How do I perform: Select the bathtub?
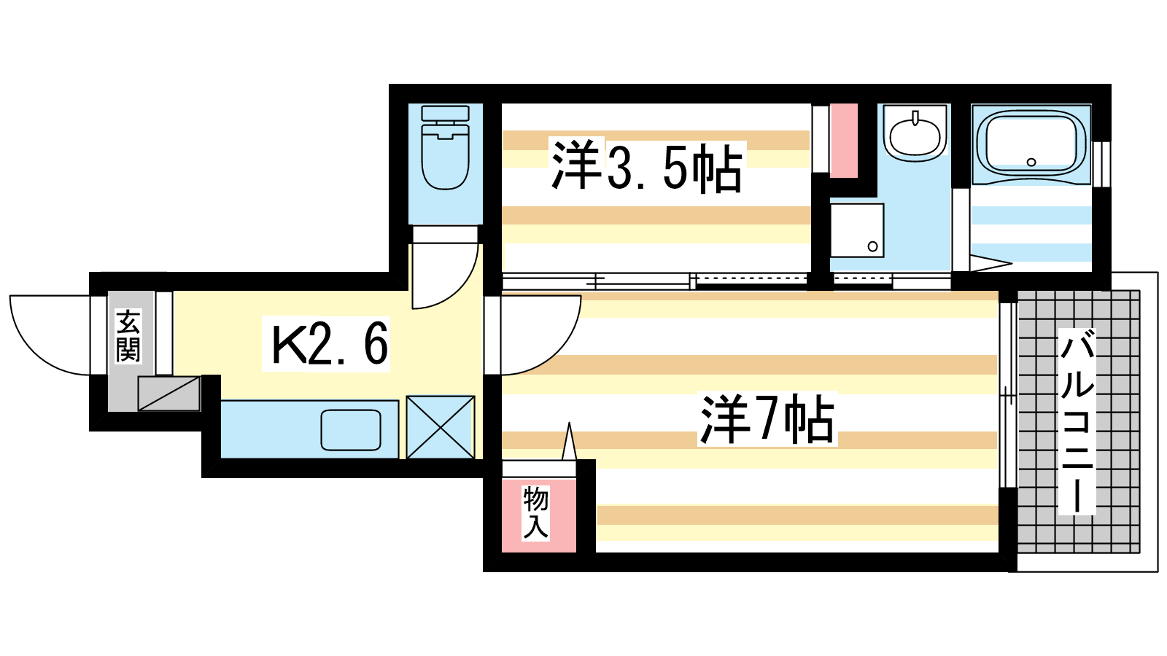pos(1031,143)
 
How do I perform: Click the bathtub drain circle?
pos(1031,162)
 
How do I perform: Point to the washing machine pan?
pos(857,230)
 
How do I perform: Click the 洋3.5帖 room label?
pos(646,168)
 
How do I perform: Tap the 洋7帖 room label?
pos(766,419)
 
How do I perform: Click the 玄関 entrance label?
pos(128,336)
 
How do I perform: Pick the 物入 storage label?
pos(535,513)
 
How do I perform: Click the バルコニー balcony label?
pos(1077,423)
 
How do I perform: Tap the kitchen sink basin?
pos(351,430)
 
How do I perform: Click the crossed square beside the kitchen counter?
pos(441,427)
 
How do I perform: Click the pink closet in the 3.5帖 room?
pos(844,140)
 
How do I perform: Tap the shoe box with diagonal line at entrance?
pos(169,394)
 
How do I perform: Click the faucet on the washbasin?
pos(915,117)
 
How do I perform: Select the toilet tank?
pos(445,114)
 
